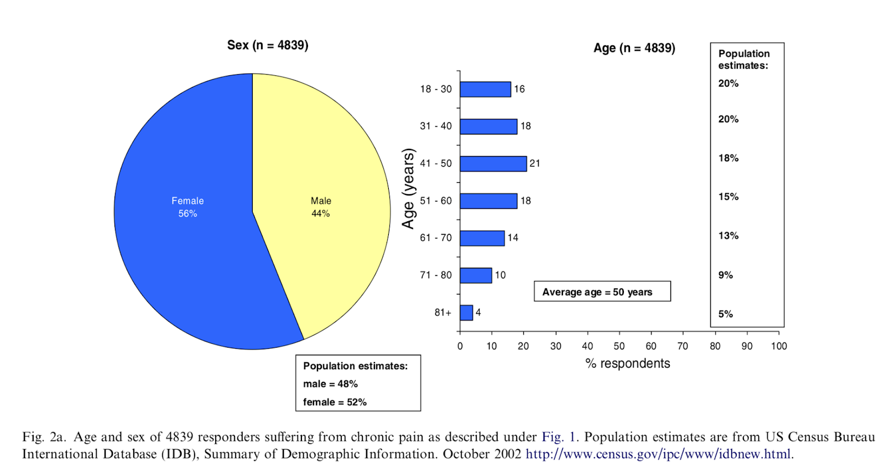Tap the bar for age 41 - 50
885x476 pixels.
coord(493,164)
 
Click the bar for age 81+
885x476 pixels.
coord(466,313)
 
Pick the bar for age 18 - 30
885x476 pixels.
coord(485,89)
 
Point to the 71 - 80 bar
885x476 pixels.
coord(476,275)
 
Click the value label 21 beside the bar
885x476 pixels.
coord(535,164)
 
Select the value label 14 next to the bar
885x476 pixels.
coord(513,238)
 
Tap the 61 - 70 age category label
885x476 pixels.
coord(436,238)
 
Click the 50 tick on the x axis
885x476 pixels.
coord(619,346)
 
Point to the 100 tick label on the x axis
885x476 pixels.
coord(779,346)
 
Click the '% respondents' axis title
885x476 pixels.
coord(628,364)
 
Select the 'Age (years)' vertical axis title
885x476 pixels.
coord(408,189)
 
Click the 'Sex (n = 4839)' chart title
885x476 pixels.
coord(268,45)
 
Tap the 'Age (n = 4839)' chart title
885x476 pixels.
coord(634,48)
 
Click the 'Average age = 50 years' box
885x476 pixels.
coord(602,292)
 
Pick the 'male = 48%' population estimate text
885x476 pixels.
coord(330,384)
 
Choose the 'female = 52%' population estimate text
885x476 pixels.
coord(335,402)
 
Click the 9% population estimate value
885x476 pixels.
coord(726,275)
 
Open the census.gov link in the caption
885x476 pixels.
coord(659,454)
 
